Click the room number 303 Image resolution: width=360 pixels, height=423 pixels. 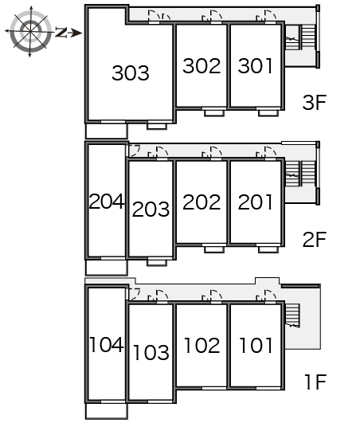coord(131,73)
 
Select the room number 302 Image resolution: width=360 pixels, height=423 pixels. coord(202,66)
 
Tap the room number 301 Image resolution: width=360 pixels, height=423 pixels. coord(255,66)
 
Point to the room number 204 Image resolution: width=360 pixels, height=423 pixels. coord(107,202)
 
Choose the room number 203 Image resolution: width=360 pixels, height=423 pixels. coord(151,209)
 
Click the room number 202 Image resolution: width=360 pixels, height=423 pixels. coord(202,202)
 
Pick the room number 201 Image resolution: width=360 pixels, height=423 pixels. coord(255,202)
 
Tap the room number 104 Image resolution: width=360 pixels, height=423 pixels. coord(107,344)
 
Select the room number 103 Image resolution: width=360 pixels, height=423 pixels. coord(151,352)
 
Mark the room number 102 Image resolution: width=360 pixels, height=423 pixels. coord(202,345)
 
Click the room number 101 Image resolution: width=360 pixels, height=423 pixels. coord(256,345)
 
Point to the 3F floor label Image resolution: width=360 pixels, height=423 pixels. coord(315,103)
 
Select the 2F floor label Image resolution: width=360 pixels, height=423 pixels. coord(315,239)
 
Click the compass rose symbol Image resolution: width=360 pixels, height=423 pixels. coord(30,31)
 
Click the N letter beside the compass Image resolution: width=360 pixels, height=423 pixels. coord(61,33)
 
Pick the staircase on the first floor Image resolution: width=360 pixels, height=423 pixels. coord(292,315)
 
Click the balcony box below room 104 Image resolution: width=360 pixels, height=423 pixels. coord(107,410)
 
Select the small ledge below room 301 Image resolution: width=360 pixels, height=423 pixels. coord(268,113)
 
